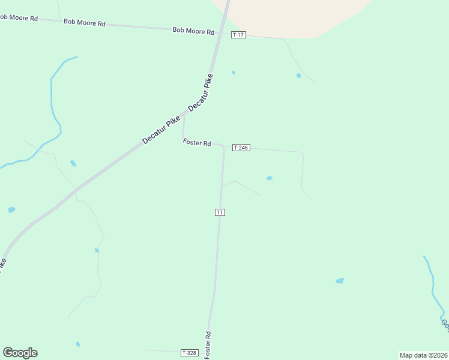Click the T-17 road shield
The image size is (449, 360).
tap(238, 35)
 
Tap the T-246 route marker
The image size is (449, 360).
tap(241, 148)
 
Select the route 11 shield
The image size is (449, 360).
tap(220, 212)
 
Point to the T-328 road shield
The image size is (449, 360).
tap(189, 352)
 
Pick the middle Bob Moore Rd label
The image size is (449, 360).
tap(85, 23)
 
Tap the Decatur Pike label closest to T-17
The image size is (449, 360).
tap(201, 93)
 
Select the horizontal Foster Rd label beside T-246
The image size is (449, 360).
tap(197, 143)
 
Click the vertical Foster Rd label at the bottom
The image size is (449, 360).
tap(208, 346)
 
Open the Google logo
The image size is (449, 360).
tap(20, 353)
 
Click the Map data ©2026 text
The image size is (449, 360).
tap(423, 355)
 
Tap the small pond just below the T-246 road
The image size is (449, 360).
tap(270, 178)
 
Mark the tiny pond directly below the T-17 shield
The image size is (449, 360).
tap(234, 73)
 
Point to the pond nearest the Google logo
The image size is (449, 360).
tap(77, 344)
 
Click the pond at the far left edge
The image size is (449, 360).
tap(11, 210)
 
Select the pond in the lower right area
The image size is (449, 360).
tap(340, 280)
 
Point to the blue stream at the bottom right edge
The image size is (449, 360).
tap(433, 288)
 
